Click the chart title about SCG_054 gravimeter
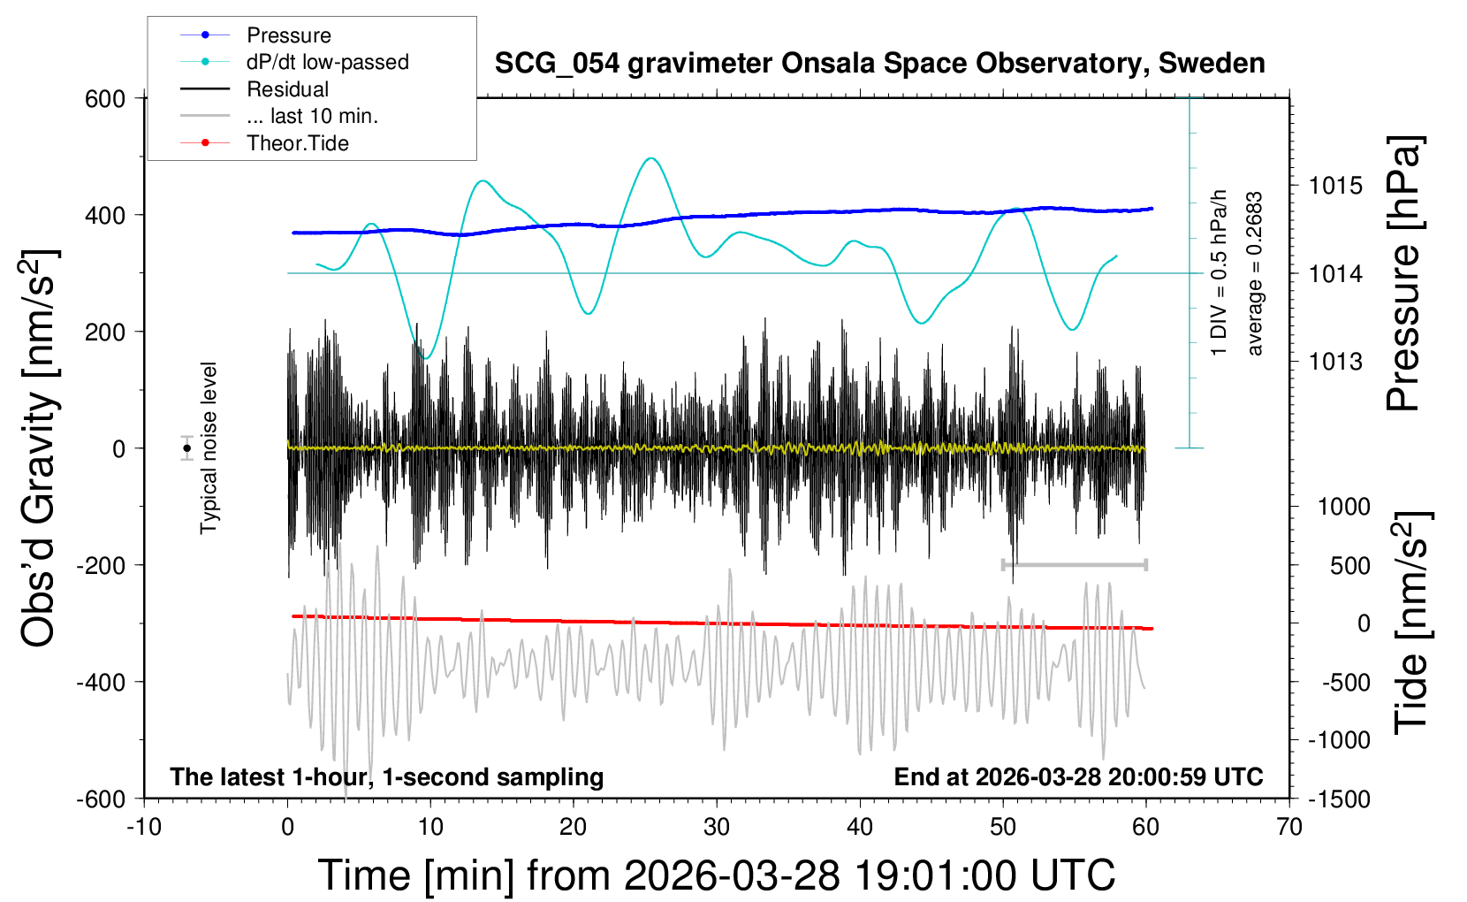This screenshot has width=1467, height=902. pos(879,64)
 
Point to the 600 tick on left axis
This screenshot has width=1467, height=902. pos(105,99)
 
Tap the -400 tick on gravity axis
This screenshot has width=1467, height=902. pos(101,682)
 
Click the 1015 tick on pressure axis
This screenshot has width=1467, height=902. pos(1335,186)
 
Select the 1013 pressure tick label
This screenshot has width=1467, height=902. pos(1335,362)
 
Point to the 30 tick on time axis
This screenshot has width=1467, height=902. pos(716,828)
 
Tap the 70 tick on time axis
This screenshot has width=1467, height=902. pos(1289,828)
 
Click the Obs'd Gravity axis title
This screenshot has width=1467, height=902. pos(39,448)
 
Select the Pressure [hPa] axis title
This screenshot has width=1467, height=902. pos(1404,274)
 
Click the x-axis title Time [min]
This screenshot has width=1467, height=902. pos(716,875)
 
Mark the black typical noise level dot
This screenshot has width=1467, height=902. pos(186,448)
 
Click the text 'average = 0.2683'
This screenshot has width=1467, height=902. pos(1255,274)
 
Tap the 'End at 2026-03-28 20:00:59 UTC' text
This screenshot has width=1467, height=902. pos(1078,777)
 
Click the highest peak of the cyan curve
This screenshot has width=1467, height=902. pos(651,158)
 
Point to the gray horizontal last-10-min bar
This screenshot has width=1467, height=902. pos(1074,564)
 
